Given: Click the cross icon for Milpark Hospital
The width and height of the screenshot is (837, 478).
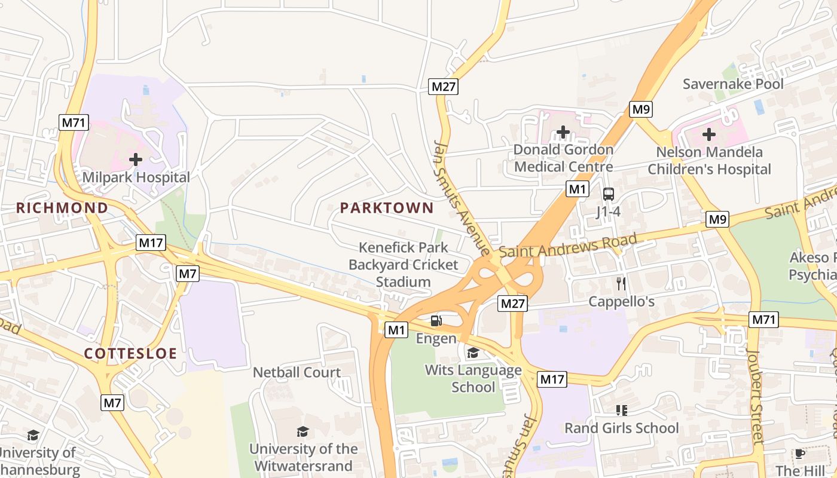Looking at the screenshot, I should [x=136, y=160].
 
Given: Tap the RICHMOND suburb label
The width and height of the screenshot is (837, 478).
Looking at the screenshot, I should [x=62, y=208].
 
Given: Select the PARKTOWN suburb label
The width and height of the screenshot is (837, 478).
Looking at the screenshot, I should [x=387, y=208].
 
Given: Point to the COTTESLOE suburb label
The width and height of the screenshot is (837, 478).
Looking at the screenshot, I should [x=130, y=353].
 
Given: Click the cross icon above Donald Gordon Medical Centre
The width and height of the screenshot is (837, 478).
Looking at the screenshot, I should [x=563, y=131].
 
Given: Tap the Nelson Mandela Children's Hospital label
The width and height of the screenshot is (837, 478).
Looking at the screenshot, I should [x=709, y=161].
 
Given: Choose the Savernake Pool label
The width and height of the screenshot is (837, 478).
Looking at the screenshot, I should [x=733, y=84].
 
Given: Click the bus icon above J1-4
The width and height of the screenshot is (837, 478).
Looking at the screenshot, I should [x=608, y=194].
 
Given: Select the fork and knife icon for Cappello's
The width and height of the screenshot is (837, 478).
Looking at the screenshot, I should [x=621, y=283].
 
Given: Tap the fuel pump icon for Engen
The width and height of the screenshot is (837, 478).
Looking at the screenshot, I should [x=436, y=321].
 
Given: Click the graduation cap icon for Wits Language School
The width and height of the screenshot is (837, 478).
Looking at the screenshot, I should [x=473, y=353].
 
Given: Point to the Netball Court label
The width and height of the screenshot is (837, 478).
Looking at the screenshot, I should [x=297, y=372].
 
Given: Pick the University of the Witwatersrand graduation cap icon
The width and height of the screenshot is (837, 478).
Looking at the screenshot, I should [x=303, y=431].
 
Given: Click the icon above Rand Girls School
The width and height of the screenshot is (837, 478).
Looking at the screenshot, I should [x=621, y=410].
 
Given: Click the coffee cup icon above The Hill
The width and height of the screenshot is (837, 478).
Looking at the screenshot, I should [x=799, y=454].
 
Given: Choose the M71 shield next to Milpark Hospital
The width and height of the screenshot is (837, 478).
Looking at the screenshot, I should [x=74, y=123].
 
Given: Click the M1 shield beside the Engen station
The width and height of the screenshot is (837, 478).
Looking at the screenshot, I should [x=396, y=329].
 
